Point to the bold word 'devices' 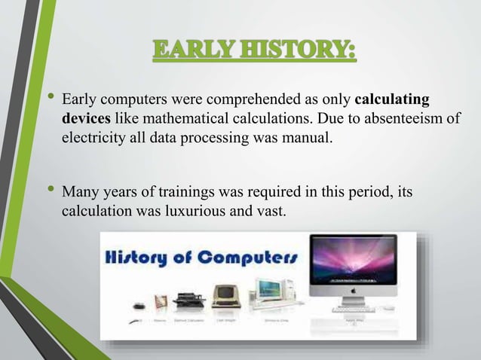point(85,119)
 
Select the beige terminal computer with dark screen point(225,295)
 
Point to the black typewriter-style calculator point(188,299)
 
